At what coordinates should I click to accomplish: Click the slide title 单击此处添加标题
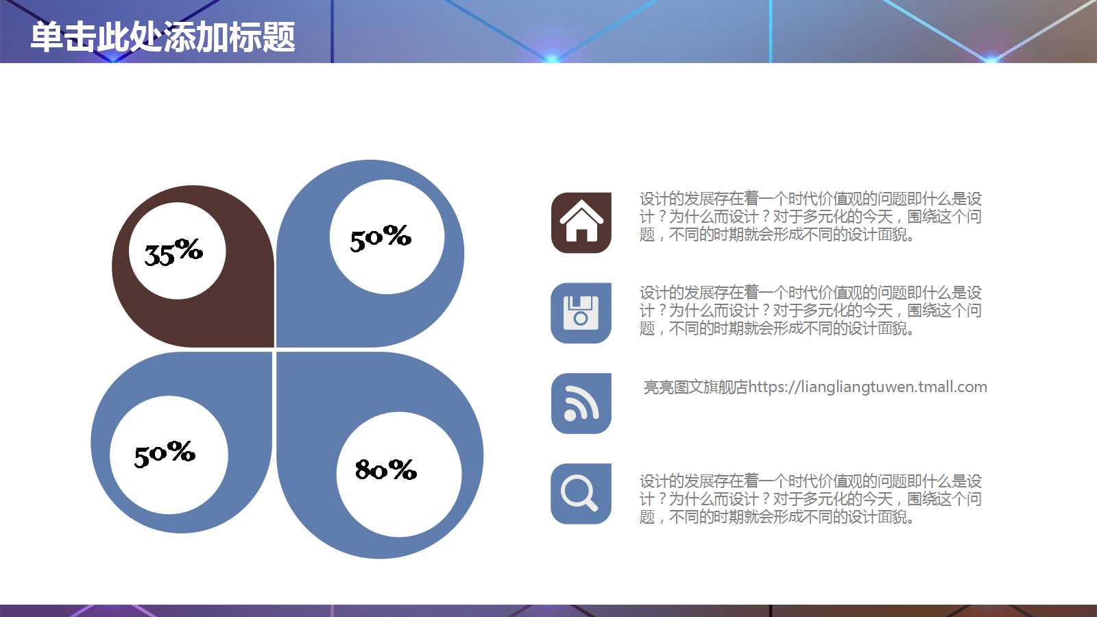pos(163,37)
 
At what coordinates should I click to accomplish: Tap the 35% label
pos(173,252)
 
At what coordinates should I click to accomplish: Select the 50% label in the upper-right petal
pos(381,237)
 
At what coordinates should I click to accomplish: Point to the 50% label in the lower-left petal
pos(165,453)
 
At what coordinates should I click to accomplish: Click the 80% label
pos(386,470)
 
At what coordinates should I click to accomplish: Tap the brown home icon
pos(581,223)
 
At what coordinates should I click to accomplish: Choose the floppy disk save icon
pos(581,313)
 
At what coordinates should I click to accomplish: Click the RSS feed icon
pos(581,403)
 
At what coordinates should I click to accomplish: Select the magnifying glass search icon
pos(581,494)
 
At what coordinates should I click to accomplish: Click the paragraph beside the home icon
pos(810,217)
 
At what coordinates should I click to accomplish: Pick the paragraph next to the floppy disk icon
pos(810,311)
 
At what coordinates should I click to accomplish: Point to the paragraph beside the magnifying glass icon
pos(810,499)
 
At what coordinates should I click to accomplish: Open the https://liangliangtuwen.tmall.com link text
pos(867,387)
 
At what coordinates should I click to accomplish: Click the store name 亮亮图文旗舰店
pos(695,387)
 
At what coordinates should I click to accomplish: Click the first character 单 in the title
pos(46,37)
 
